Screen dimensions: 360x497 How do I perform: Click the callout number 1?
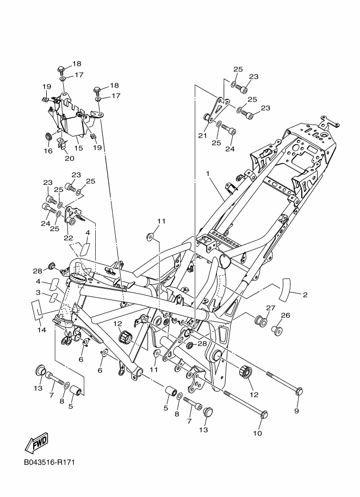pos(208,173)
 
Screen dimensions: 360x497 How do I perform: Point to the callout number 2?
pos(305,295)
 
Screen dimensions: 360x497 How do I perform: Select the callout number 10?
pos(257,433)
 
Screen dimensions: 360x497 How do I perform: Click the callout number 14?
pos(42,330)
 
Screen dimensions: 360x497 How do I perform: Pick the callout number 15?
pos(79,148)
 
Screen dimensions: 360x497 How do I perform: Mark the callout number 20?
pos(70,158)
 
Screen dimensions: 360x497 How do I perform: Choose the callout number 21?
pos(202,135)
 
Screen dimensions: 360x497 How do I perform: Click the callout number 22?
pos(69,238)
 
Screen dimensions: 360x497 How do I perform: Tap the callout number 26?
pos(285,315)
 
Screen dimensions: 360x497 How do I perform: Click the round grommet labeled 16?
pos(49,136)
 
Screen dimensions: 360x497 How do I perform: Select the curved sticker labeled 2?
pos(285,289)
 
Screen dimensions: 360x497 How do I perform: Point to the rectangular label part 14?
pos(36,309)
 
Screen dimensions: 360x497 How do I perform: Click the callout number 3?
pos(39,292)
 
